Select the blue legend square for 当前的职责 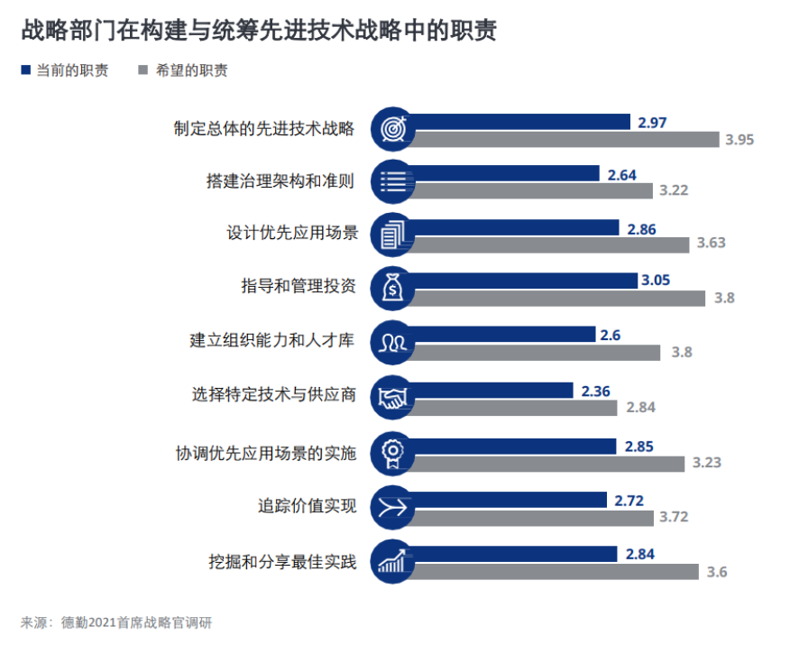pos(25,69)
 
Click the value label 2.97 pos(651,122)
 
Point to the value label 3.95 pos(739,139)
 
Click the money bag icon pos(394,288)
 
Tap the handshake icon pos(394,398)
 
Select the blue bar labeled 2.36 pos(496,391)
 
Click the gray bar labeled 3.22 pos(537,189)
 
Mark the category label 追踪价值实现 pos(308,506)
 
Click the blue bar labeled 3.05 pos(528,281)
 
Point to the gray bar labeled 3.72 pos(537,517)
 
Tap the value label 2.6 pos(610,335)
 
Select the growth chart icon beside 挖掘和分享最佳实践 pos(394,561)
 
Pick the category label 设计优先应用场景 pos(292,234)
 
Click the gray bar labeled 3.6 pos(559,571)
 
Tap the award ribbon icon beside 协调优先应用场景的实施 pos(394,453)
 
